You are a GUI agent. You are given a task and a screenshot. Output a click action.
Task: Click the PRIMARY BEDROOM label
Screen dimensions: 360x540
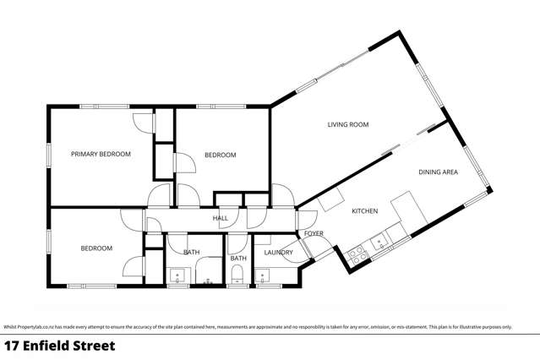point(101,154)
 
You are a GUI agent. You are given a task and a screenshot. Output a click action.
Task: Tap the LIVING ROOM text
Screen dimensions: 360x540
point(348,124)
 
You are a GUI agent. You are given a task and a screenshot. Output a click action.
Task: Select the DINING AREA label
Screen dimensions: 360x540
point(438,172)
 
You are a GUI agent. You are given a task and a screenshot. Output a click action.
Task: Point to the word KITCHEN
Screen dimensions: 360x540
point(364,211)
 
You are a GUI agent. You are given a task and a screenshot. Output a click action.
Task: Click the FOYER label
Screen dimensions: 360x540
point(314,233)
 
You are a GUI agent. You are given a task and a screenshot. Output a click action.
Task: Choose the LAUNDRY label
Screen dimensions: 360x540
point(278,252)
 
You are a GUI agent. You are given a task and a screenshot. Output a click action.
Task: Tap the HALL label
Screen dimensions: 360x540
point(220,218)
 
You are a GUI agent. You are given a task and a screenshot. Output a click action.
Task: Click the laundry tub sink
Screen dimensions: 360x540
point(263,275)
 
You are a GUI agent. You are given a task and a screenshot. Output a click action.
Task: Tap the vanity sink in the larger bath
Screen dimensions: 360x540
point(177,275)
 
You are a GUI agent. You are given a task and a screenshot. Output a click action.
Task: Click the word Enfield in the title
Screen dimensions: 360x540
point(59,345)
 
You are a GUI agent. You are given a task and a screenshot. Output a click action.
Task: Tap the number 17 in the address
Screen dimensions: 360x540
point(13,345)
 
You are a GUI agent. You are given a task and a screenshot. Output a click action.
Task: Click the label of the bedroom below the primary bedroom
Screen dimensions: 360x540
point(96,248)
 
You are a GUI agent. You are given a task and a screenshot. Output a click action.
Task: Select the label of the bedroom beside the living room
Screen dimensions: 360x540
point(220,155)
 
